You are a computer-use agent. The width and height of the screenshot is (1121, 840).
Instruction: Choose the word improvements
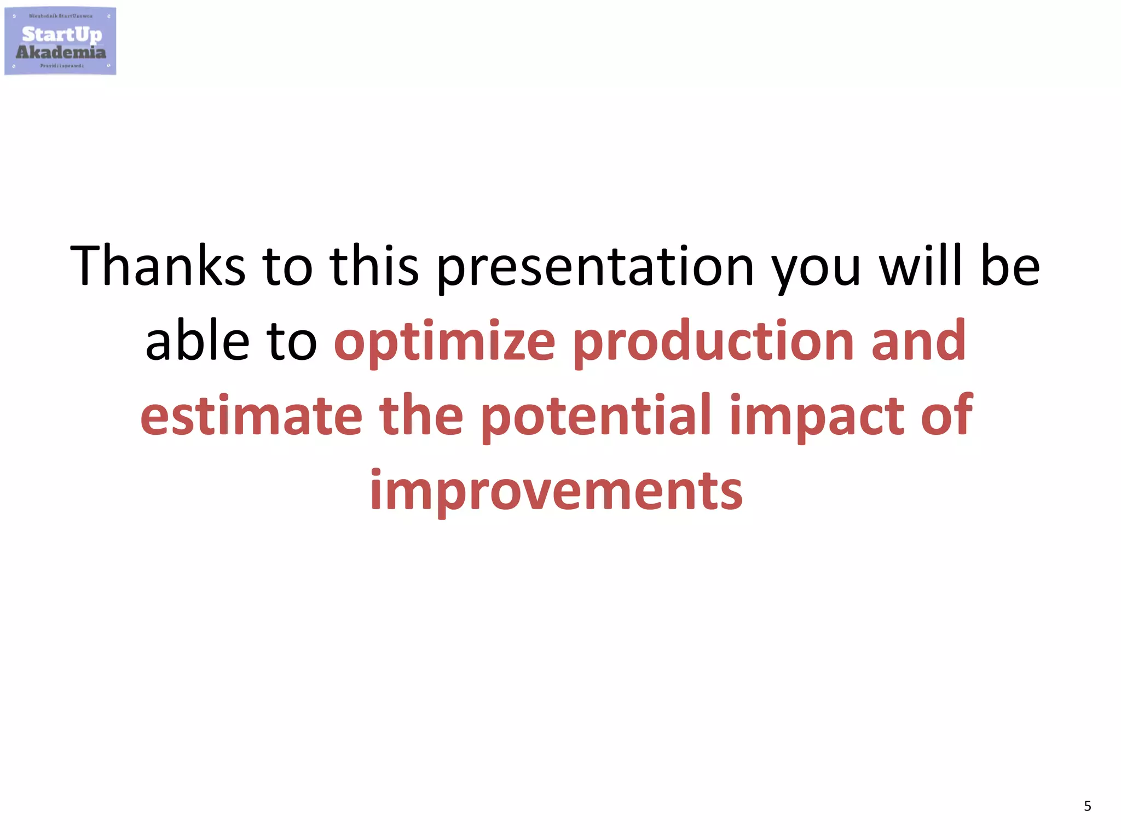tap(556, 491)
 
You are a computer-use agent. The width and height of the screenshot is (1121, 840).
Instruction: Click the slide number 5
tap(1087, 806)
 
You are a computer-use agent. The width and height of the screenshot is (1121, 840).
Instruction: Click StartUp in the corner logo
tap(62, 34)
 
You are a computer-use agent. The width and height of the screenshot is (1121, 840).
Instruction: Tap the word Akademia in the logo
tap(61, 52)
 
